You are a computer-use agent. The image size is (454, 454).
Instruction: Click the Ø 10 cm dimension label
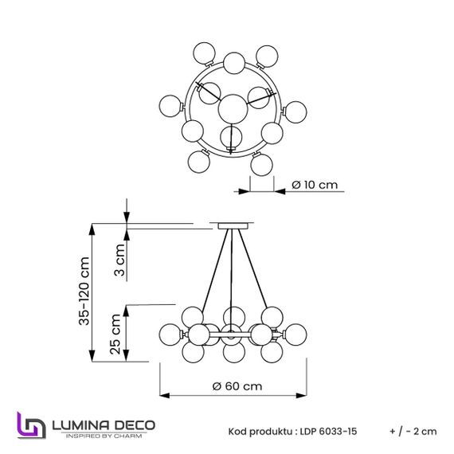(x=315, y=185)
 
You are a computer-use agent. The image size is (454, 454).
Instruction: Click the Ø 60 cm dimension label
(x=237, y=386)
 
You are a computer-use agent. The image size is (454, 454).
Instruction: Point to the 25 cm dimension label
(x=116, y=334)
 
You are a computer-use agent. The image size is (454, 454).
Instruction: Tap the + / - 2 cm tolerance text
(x=413, y=431)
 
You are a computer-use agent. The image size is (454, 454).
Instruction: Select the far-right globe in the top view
(x=296, y=112)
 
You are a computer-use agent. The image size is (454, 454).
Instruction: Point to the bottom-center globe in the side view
(x=233, y=351)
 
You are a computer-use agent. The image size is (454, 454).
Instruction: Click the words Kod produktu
(x=256, y=431)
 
